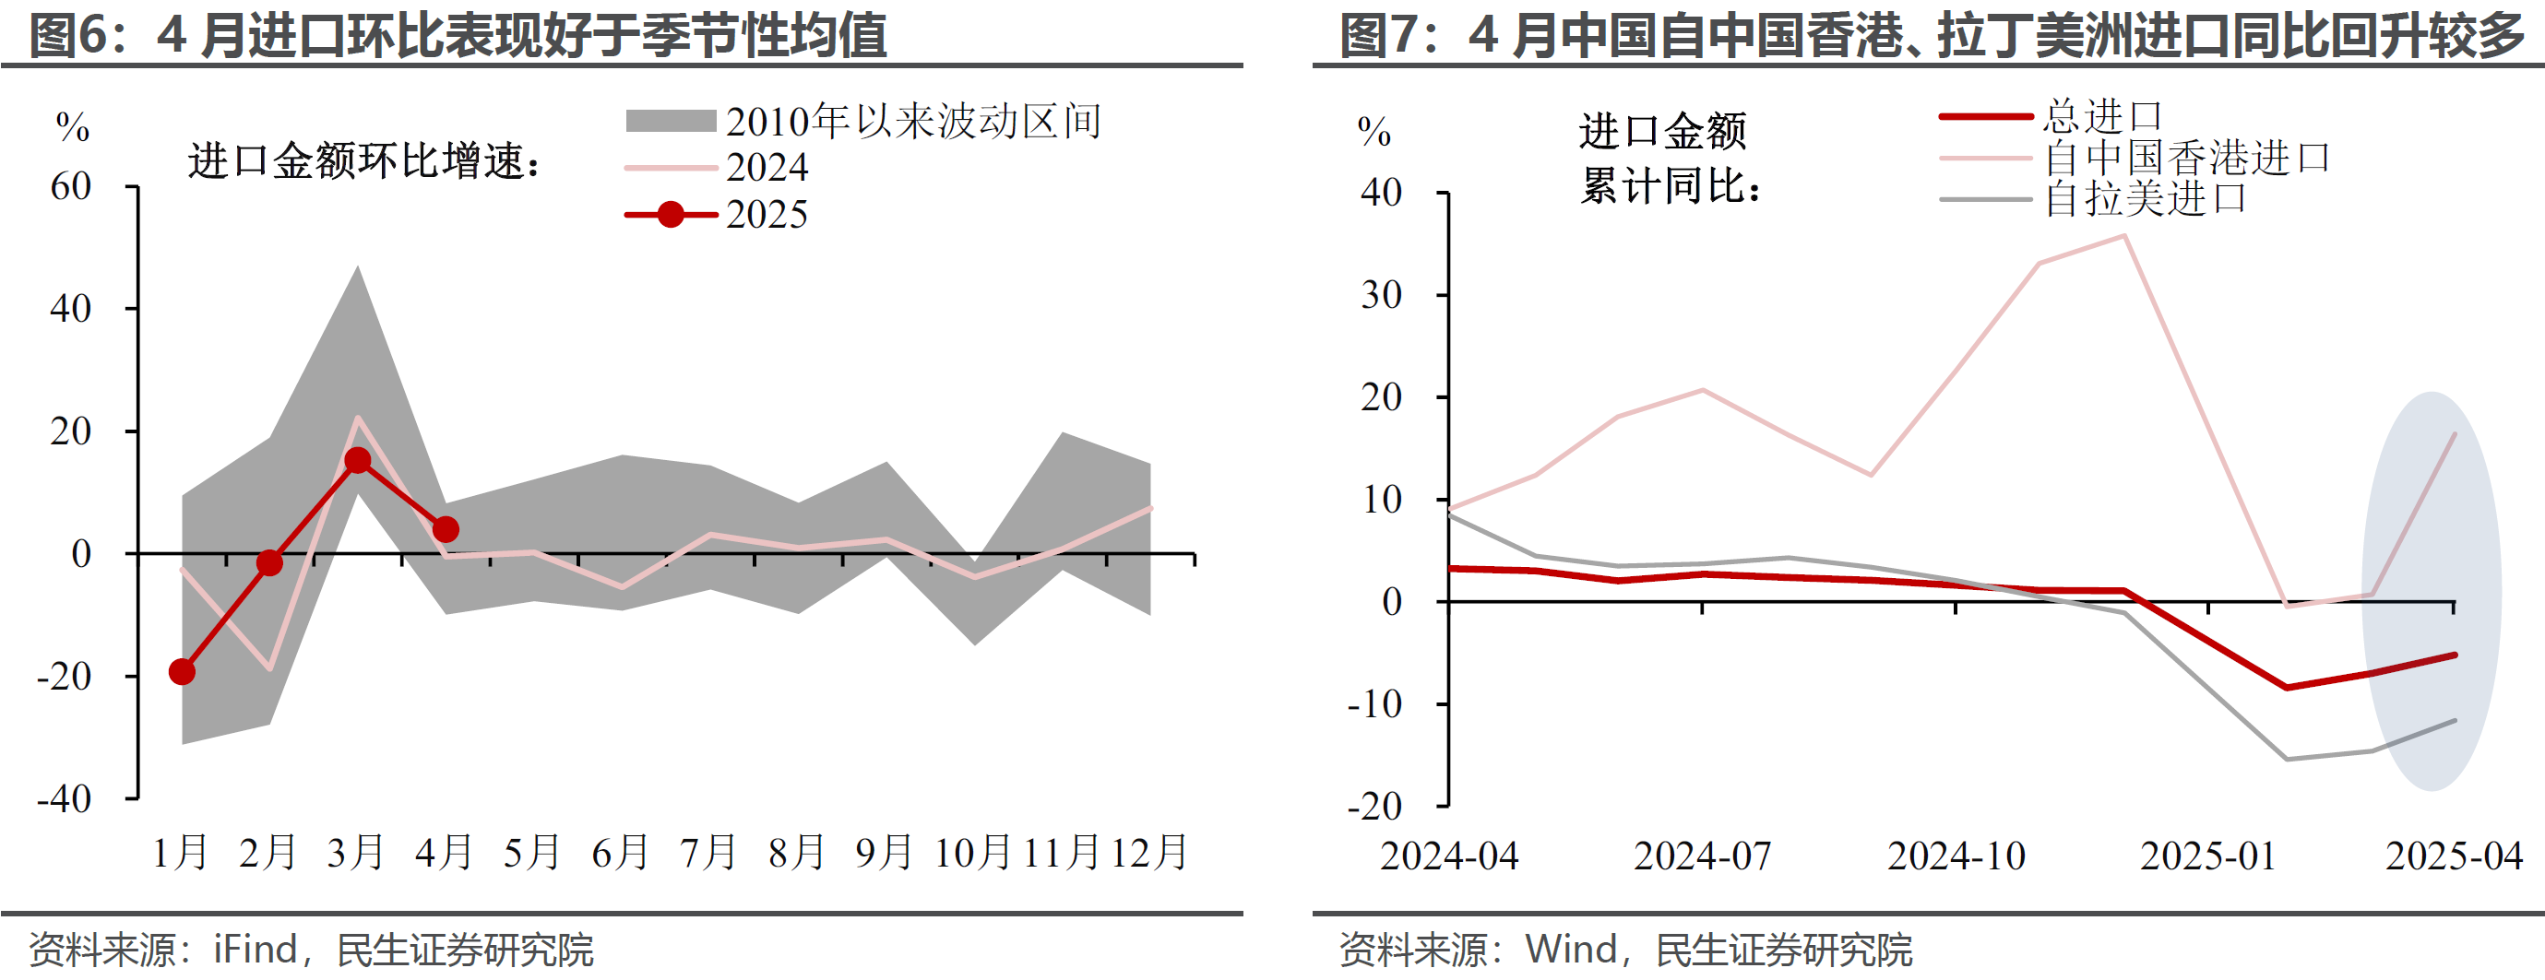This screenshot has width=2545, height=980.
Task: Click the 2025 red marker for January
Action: pyautogui.click(x=182, y=672)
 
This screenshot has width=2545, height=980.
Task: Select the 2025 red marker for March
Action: pyautogui.click(x=358, y=460)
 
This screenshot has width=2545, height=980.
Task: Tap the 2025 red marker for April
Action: pyautogui.click(x=446, y=529)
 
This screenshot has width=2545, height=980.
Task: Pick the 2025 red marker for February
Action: pyautogui.click(x=269, y=563)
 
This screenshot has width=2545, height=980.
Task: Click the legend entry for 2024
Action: pyautogui.click(x=767, y=168)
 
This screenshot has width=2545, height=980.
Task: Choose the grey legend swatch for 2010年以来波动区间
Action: pyautogui.click(x=671, y=122)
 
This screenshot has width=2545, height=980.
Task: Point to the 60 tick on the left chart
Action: pyautogui.click(x=71, y=187)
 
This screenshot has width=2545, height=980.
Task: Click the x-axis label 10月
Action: pyautogui.click(x=973, y=853)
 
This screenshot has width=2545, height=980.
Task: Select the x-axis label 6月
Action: pyautogui.click(x=621, y=853)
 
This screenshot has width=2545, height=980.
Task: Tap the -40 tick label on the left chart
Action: pyautogui.click(x=65, y=798)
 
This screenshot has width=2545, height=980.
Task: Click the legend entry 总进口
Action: pyautogui.click(x=2102, y=116)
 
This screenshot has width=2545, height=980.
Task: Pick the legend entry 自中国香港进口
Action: pyautogui.click(x=2186, y=158)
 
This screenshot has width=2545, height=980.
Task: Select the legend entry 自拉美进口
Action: pyautogui.click(x=2145, y=199)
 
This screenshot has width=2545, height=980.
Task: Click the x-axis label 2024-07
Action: pyautogui.click(x=1702, y=856)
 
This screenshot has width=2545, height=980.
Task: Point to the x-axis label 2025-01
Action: pyautogui.click(x=2208, y=856)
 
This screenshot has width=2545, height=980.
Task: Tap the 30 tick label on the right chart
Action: pyautogui.click(x=1381, y=294)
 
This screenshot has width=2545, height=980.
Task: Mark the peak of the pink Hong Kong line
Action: pyautogui.click(x=2124, y=235)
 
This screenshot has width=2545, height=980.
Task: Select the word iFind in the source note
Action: pyautogui.click(x=255, y=950)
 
